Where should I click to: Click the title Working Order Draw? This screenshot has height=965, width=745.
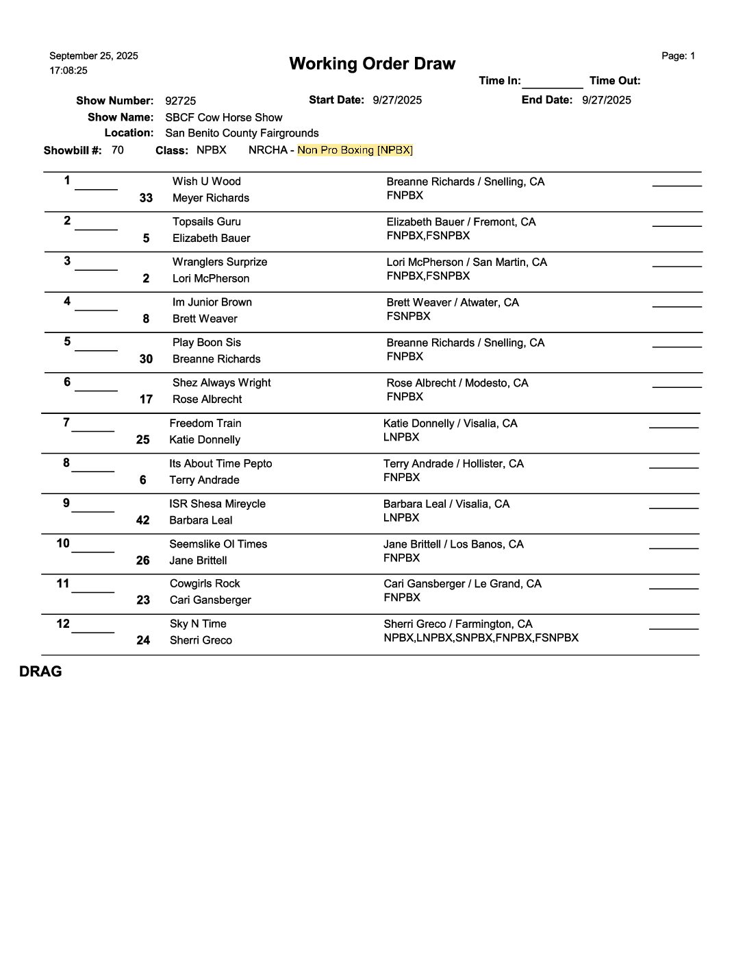coord(372,64)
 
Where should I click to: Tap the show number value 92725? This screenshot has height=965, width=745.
coord(181,101)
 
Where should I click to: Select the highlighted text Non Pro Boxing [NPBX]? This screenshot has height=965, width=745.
coord(355,150)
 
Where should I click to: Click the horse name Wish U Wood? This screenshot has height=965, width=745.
coord(206,182)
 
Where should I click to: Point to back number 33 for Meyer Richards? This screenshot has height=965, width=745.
coord(146,198)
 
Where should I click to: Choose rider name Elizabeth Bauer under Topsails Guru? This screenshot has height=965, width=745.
coord(211,239)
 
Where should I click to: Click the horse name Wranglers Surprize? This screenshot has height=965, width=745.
coord(220,262)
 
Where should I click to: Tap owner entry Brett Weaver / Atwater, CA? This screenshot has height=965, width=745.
coord(453,302)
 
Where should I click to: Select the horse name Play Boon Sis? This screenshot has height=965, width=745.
coord(206,343)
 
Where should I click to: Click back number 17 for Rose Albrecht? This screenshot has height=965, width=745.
coord(146,400)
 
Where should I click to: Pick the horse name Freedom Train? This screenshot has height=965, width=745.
coord(205,424)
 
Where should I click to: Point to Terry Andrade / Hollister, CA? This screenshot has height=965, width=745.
coord(453,464)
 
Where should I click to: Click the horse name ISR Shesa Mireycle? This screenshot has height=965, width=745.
coord(217,504)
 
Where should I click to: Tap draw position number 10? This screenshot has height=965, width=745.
coord(63,543)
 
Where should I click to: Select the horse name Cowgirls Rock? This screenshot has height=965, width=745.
coord(205,584)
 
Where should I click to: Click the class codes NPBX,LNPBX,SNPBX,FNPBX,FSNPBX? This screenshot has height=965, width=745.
coord(481,638)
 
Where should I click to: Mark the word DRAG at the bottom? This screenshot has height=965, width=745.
coord(40,672)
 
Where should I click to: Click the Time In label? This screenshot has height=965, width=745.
coord(499,81)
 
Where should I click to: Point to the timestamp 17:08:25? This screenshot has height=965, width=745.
coord(68,71)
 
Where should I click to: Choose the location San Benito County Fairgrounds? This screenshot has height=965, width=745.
coord(242,133)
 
